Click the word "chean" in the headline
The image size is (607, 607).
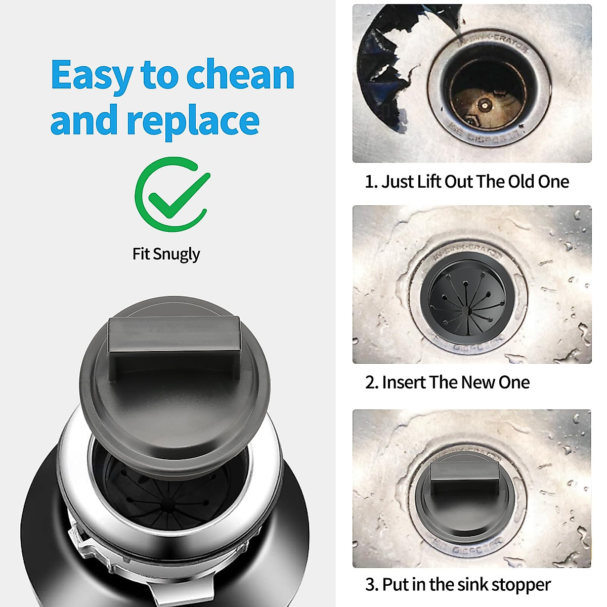pyautogui.click(x=240, y=75)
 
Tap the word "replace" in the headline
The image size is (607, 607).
pyautogui.click(x=193, y=120)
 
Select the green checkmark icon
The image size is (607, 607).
pyautogui.click(x=172, y=195)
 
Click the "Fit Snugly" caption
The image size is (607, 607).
pyautogui.click(x=166, y=253)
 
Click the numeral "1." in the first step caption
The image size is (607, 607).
pyautogui.click(x=371, y=182)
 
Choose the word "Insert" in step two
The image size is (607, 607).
pyautogui.click(x=404, y=382)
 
